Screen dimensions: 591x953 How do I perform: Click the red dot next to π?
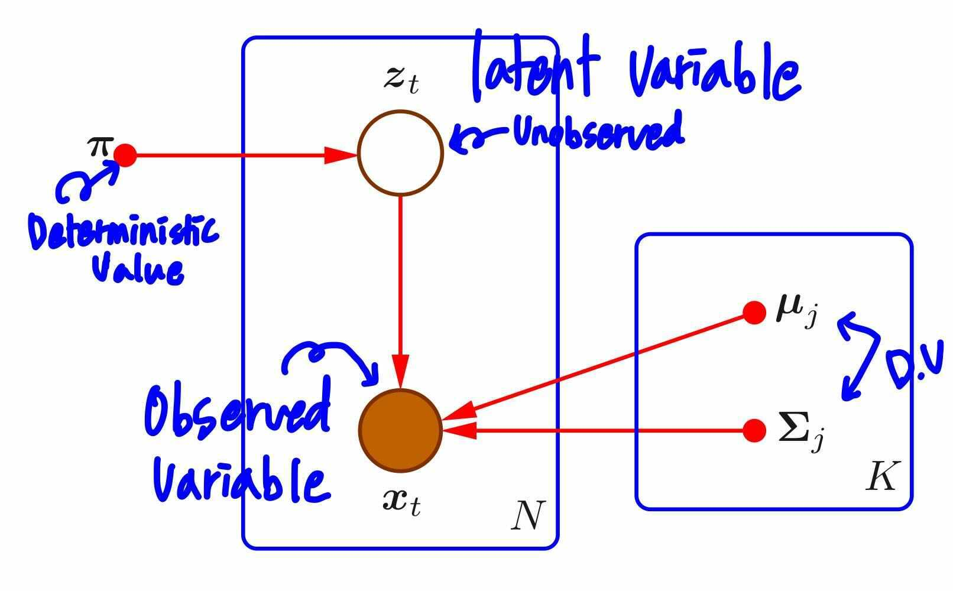coord(125,155)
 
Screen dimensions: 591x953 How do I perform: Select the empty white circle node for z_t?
coord(400,152)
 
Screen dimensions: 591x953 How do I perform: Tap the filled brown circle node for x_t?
coord(400,430)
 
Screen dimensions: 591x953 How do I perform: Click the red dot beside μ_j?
coord(754,313)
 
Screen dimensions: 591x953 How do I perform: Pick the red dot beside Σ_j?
coord(754,431)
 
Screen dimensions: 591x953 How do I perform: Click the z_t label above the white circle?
coord(401,80)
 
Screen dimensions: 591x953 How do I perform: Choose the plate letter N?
coord(527,515)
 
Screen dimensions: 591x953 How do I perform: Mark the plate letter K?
coord(881,476)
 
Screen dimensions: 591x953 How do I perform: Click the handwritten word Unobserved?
coord(598,131)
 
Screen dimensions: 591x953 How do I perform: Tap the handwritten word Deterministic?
coord(123,233)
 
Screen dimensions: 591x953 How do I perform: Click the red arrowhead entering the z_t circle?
coord(342,155)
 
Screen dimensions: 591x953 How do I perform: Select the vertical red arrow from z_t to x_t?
coord(400,284)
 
